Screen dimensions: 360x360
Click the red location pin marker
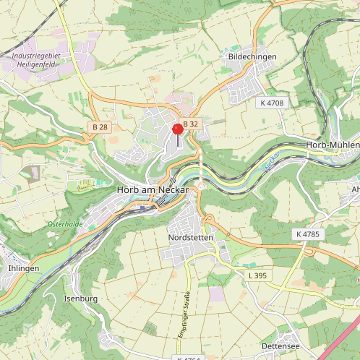click(178, 130)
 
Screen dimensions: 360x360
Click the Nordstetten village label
click(192, 237)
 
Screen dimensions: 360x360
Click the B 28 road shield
click(100, 127)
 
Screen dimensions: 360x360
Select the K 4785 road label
click(308, 235)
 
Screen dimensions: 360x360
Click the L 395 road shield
click(257, 275)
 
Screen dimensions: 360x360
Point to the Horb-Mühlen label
click(333, 145)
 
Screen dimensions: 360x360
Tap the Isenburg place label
click(81, 298)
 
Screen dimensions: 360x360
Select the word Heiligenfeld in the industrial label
click(35, 64)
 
